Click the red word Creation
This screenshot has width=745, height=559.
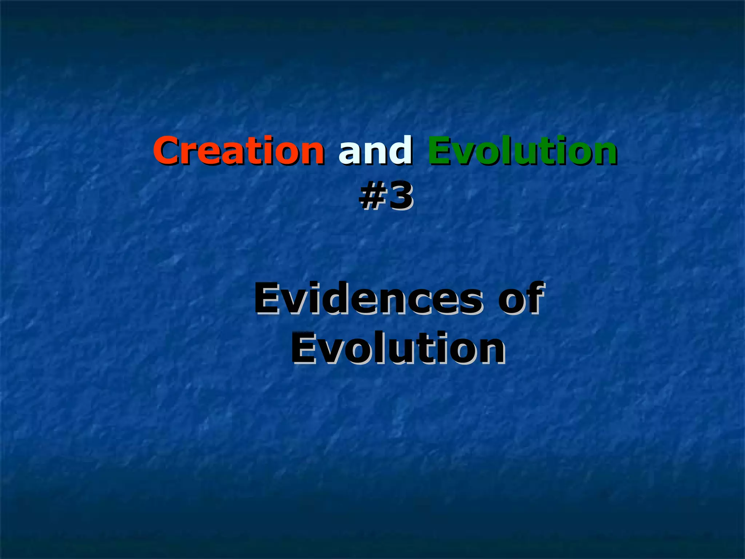click(x=239, y=150)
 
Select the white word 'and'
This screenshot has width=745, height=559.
click(x=375, y=150)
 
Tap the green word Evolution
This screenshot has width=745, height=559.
click(x=522, y=150)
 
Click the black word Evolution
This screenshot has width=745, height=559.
click(x=398, y=349)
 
